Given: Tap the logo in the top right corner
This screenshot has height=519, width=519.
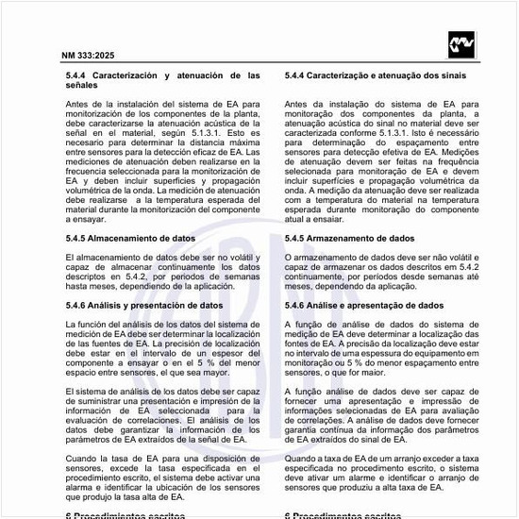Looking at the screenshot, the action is tap(462, 43).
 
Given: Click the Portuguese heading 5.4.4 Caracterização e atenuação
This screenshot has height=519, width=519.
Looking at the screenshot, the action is tap(377, 74).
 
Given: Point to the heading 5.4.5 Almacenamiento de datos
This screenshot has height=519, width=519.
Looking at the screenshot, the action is tap(130, 239).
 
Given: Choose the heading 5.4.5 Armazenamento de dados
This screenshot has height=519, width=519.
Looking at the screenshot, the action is tap(349, 239).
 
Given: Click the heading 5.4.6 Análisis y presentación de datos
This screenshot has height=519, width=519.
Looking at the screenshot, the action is tap(144, 306).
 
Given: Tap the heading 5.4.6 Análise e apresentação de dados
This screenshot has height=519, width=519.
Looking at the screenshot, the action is tap(363, 306).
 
